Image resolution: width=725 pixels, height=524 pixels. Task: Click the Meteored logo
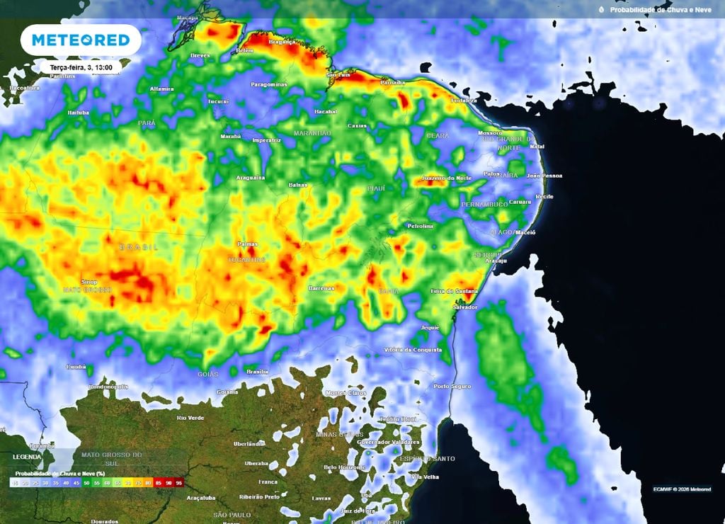pos(81,40)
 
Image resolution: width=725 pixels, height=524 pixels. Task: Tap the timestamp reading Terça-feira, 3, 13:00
pos(76,67)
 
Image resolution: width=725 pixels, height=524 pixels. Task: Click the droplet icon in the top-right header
pos(601,10)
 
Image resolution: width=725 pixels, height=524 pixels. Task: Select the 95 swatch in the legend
pos(179,482)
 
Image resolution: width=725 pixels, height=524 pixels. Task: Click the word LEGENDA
pos(27,457)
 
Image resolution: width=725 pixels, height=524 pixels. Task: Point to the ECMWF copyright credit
pos(682,489)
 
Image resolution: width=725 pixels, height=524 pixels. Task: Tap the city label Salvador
pos(465,307)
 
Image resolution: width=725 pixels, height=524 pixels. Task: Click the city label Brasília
pos(257,371)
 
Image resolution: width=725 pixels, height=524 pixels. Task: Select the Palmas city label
pos(247,244)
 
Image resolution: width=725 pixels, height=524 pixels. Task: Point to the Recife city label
pos(544,195)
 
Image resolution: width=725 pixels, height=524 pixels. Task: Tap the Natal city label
pos(537,146)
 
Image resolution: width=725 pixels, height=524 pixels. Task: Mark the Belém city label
pos(244,51)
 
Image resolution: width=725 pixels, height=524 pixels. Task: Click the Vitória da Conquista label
pos(413,350)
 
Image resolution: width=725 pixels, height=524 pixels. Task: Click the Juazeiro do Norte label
pos(446,178)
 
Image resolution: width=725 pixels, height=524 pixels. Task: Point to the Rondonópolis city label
pos(108,387)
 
